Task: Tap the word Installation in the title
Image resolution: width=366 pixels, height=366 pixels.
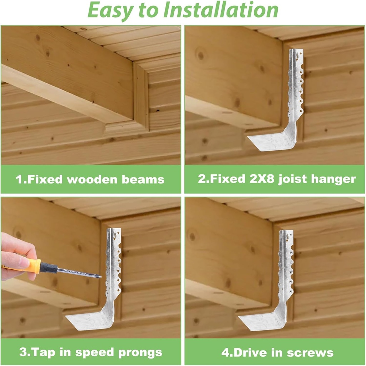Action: [x=221, y=10]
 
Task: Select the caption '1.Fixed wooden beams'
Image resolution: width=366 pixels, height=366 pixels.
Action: [x=90, y=179]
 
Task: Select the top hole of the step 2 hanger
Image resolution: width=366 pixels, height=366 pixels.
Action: [x=296, y=56]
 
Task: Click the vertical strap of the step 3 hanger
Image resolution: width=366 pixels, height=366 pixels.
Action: [x=114, y=265]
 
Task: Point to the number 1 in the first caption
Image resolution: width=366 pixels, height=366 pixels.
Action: [x=19, y=179]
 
